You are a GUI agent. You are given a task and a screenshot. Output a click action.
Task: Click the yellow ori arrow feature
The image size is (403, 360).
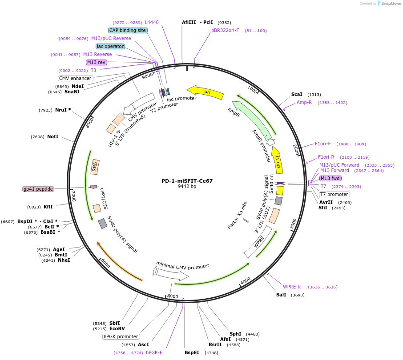coord(206,92)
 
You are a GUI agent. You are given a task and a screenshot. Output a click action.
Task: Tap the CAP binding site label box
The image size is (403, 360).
coord(128,30)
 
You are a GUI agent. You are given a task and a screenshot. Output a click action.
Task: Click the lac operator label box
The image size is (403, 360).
coord(110,46)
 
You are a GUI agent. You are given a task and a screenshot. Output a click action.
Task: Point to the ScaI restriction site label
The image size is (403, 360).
coord(297,94)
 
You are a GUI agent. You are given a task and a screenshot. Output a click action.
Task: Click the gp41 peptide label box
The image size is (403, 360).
coord(38,189)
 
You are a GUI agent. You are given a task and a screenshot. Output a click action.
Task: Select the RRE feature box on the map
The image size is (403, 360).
coord(95,167)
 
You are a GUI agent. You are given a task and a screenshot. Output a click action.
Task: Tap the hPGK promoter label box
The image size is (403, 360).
coord(121,336)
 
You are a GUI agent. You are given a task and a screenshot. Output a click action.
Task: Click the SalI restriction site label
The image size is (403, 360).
coord(281,295)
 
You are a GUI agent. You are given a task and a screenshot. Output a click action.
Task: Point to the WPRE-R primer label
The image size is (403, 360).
coord(292,287)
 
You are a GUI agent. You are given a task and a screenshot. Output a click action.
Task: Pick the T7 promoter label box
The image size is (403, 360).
coord(334,194)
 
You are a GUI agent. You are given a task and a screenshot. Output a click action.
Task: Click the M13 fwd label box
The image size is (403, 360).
coord(330,178)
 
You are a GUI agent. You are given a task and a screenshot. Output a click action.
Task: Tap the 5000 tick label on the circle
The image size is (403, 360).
coord(173,296)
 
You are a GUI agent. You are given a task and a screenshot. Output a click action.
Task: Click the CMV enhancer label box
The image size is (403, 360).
coord(75,78)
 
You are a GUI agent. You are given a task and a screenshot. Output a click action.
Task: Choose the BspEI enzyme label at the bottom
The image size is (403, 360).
coord(193,352)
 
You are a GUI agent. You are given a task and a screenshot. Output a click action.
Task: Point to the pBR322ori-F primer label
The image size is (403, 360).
coord(225,31)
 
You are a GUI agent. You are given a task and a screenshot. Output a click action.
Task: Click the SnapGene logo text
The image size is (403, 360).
coord(390,4)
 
